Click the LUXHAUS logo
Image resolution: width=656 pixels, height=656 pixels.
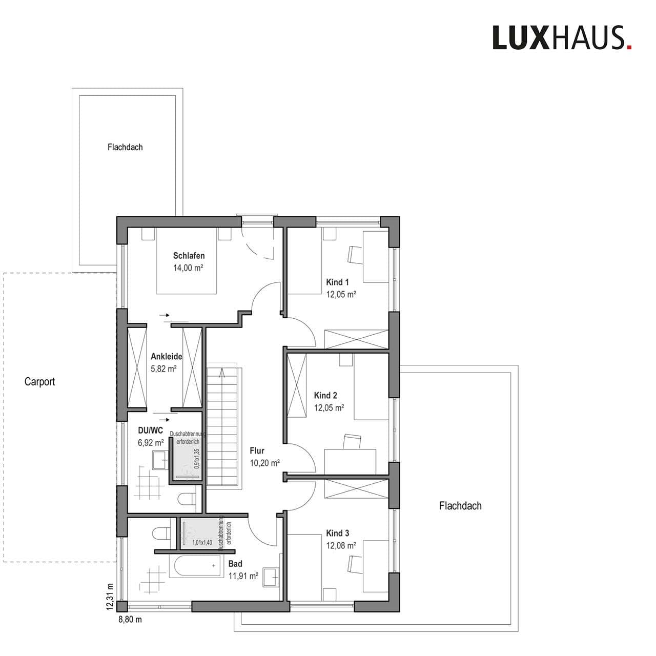coord(562,38)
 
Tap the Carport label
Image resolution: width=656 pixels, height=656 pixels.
coord(39,382)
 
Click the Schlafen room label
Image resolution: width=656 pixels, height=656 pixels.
coord(189,255)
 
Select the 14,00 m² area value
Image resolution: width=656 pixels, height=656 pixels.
coord(188,268)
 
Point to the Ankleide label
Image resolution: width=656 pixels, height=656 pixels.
coord(167,356)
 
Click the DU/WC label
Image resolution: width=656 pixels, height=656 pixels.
coord(151,430)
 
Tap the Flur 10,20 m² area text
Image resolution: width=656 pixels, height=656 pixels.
coord(265,463)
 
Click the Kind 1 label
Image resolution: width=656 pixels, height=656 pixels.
coord(337,282)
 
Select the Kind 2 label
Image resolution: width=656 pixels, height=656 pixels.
coord(325,395)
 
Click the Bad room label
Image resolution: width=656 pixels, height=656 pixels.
coord(235,563)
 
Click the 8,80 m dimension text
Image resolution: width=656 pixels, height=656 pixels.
coord(130,629)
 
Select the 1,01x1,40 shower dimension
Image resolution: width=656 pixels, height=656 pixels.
coord(202,542)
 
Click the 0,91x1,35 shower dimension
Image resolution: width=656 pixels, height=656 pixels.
coord(196,459)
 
